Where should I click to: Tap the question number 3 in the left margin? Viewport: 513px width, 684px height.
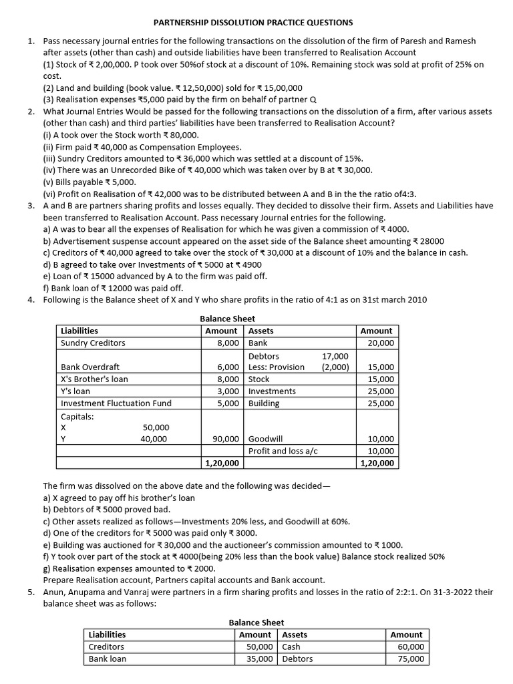(x=31, y=206)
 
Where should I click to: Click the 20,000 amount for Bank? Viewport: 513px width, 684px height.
(x=381, y=343)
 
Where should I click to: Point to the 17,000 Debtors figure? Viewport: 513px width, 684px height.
(x=335, y=356)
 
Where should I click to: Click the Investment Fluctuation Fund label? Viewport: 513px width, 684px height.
(x=116, y=403)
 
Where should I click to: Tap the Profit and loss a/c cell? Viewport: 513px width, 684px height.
(x=283, y=451)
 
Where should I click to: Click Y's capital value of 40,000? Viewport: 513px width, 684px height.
(x=155, y=439)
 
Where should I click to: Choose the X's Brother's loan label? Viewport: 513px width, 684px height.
(x=94, y=379)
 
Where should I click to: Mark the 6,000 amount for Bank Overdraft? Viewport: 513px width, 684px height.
(x=228, y=367)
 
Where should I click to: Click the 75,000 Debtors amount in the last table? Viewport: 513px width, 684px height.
(x=410, y=659)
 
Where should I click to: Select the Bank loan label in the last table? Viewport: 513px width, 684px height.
(x=107, y=659)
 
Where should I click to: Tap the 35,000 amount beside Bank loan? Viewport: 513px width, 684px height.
(x=259, y=659)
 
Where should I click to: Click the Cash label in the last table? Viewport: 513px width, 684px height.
(x=291, y=647)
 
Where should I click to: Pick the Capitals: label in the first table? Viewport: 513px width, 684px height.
(x=77, y=415)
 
